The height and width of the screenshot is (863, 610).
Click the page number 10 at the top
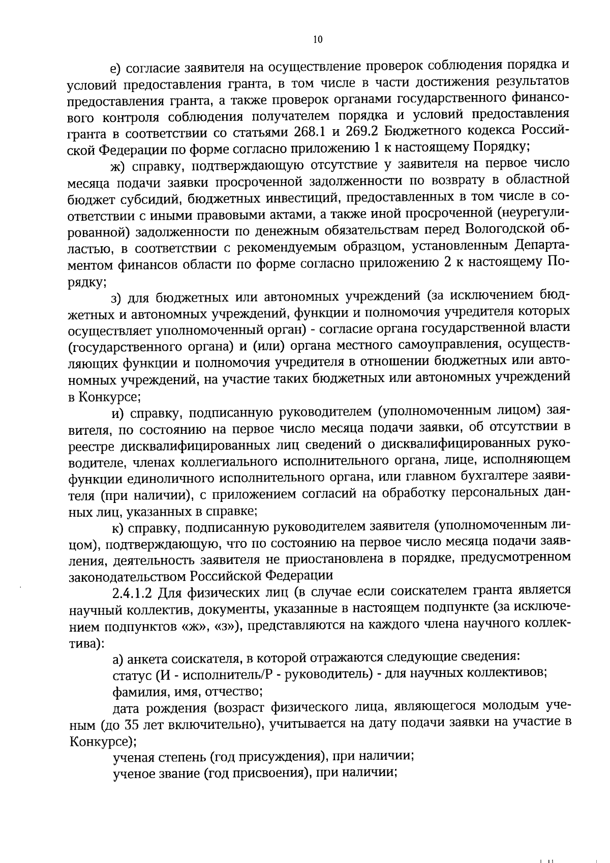click(318, 40)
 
